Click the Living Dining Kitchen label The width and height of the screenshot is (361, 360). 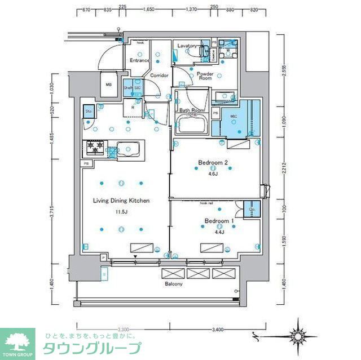point(121,201)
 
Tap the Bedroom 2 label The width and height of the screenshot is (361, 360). point(212,163)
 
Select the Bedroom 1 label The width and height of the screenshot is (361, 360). point(215,220)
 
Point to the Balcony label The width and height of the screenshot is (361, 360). point(173,284)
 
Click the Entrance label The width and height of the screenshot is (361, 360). point(139,60)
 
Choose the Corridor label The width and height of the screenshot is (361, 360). point(159,75)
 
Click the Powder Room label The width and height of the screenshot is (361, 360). point(204,75)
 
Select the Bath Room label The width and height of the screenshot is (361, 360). point(191,110)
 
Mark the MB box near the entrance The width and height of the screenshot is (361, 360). point(109,86)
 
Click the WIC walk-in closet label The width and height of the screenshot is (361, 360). point(234,117)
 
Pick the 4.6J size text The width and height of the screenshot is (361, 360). point(212,174)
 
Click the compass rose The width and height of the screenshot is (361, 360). point(299,336)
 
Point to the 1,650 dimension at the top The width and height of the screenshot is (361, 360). point(149,10)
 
